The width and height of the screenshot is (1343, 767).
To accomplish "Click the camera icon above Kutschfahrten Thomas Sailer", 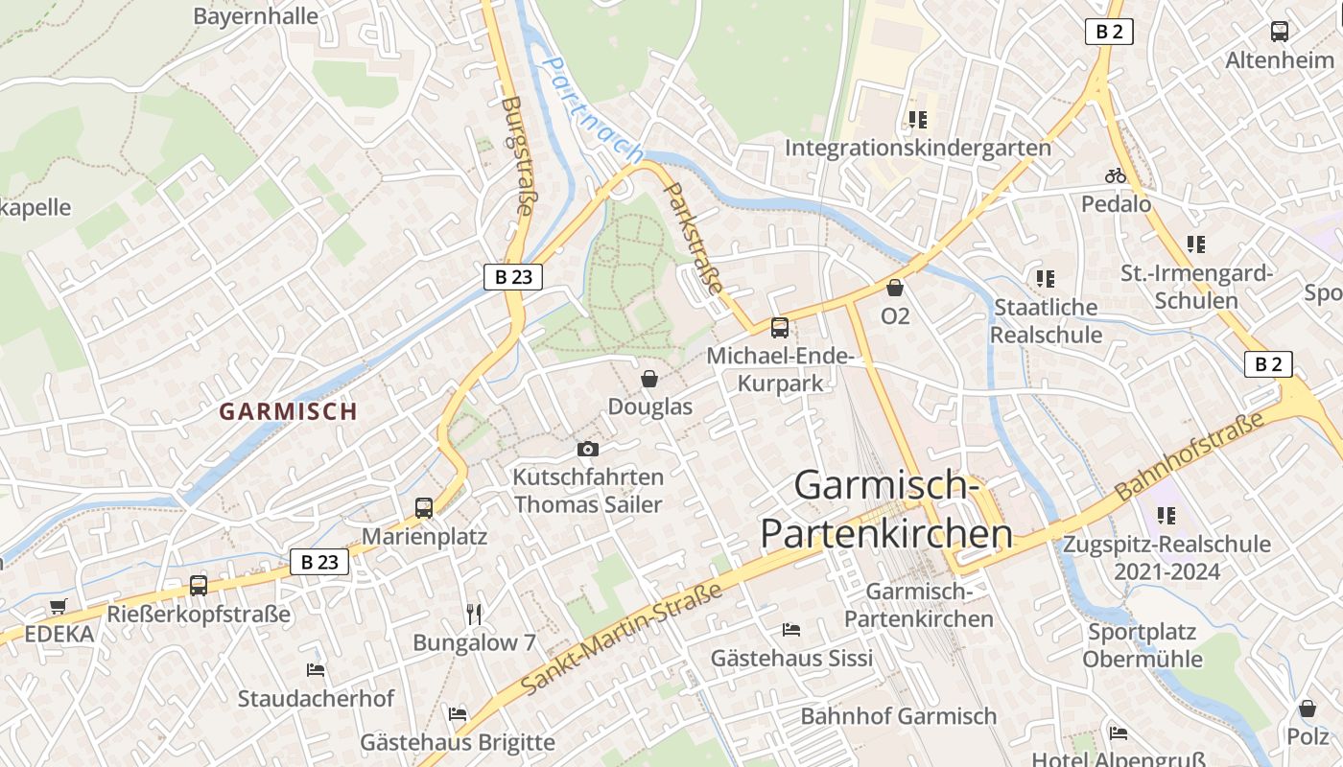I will click(x=588, y=449).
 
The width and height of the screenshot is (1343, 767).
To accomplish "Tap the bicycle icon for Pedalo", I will click(x=1116, y=176).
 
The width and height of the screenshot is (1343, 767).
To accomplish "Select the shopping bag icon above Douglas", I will click(x=649, y=380).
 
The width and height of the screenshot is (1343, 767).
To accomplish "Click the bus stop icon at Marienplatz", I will click(x=424, y=508).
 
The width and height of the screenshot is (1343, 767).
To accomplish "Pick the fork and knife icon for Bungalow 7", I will click(x=474, y=614).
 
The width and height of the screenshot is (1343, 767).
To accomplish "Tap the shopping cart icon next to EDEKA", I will click(x=59, y=606).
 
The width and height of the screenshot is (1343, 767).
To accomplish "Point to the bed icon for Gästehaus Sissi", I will click(x=791, y=630).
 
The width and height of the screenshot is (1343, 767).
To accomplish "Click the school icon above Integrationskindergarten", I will click(x=918, y=120).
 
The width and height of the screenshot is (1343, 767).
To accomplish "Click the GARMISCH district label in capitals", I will click(x=288, y=411).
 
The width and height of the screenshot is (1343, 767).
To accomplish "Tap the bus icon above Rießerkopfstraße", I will click(x=199, y=585).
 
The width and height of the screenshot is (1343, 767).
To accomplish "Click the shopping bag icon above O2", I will click(x=895, y=288).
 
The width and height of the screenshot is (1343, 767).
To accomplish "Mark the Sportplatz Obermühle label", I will click(x=1142, y=645).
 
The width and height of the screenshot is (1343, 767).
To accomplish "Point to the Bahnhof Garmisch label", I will click(x=898, y=716).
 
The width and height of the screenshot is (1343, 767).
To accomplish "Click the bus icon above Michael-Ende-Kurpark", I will click(x=780, y=328).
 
